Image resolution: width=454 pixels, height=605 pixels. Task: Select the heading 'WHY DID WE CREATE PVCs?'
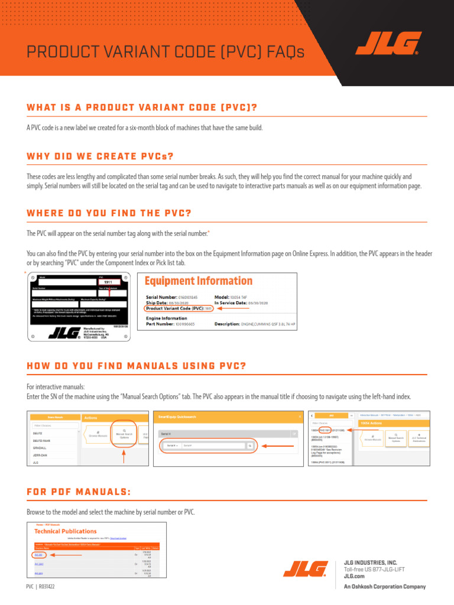point(100,157)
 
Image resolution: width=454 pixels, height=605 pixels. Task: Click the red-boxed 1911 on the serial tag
point(108,282)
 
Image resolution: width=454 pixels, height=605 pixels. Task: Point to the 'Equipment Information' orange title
point(199,281)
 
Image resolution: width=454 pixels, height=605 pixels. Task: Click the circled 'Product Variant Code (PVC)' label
point(179,308)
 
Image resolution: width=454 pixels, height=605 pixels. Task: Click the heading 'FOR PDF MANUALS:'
point(79,493)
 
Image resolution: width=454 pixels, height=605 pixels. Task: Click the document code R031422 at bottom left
point(47,587)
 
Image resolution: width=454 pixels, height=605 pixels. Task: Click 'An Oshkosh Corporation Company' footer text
point(385,587)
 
